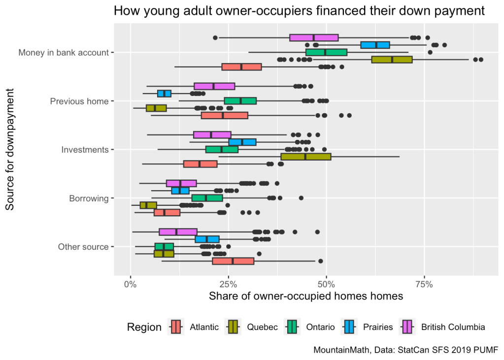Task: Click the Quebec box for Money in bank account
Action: click(392, 60)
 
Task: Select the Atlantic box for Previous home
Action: click(224, 115)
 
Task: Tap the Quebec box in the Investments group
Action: click(305, 157)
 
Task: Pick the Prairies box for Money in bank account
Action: click(375, 45)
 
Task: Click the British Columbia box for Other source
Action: click(178, 232)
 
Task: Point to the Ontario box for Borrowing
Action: click(207, 198)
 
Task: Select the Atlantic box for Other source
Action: click(233, 261)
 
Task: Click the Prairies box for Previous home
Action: click(164, 94)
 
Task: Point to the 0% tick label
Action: click(130, 284)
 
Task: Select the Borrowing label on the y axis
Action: click(89, 198)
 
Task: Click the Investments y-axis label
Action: click(85, 150)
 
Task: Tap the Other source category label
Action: click(83, 247)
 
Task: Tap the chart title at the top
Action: click(299, 11)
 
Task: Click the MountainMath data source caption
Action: click(405, 350)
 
